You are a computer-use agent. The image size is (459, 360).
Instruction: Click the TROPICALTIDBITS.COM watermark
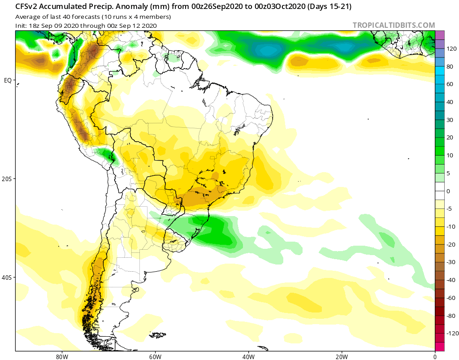tap(394, 25)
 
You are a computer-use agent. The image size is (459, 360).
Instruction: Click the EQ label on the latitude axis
tap(8, 80)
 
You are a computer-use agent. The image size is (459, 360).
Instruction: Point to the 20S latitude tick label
tap(7, 179)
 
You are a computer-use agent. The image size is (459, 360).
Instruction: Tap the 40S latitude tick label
tap(7, 277)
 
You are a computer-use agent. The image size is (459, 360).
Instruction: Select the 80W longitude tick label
tap(62, 357)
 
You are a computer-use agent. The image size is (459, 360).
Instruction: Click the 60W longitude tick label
tap(155, 357)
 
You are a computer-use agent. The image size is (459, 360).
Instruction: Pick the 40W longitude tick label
tap(248, 357)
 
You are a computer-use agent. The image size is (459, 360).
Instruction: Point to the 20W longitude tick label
tap(342, 357)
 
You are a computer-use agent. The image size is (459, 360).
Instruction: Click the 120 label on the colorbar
tap(451, 49)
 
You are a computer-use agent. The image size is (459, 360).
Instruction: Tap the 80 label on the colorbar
tap(450, 67)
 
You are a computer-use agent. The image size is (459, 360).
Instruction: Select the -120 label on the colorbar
tap(452, 334)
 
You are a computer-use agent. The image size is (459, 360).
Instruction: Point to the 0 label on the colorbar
tap(448, 191)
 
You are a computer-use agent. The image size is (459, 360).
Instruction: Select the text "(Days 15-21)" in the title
tap(329, 6)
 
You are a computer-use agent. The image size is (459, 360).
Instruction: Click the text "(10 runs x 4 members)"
tap(136, 17)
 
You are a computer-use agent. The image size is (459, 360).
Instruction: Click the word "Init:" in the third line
tap(21, 26)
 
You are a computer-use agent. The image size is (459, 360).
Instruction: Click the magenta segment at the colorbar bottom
tap(440, 347)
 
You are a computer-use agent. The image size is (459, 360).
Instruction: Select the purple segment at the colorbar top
tap(440, 35)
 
